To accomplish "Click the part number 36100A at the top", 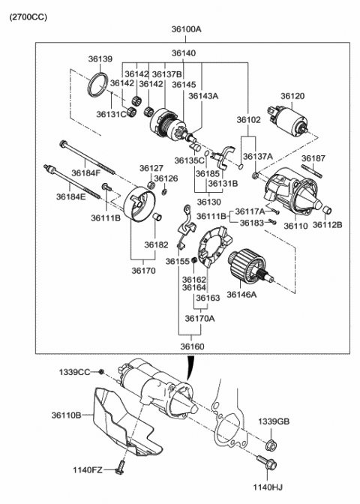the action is pyautogui.click(x=186, y=29).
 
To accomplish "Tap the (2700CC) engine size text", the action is pyautogui.click(x=28, y=16).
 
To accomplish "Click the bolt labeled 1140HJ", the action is pyautogui.click(x=267, y=462).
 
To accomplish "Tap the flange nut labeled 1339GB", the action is pyautogui.click(x=271, y=445).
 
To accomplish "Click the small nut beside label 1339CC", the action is pyautogui.click(x=101, y=371).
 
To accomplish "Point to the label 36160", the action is pyautogui.click(x=192, y=346).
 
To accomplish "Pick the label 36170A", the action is pyautogui.click(x=199, y=319).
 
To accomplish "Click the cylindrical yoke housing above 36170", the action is pyautogui.click(x=139, y=204).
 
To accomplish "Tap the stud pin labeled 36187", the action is pyautogui.click(x=311, y=171).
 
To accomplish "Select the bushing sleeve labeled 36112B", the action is pyautogui.click(x=326, y=211).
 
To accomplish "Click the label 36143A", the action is pyautogui.click(x=203, y=96).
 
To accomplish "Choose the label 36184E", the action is pyautogui.click(x=71, y=196).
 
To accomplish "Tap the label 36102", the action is pyautogui.click(x=249, y=120).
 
